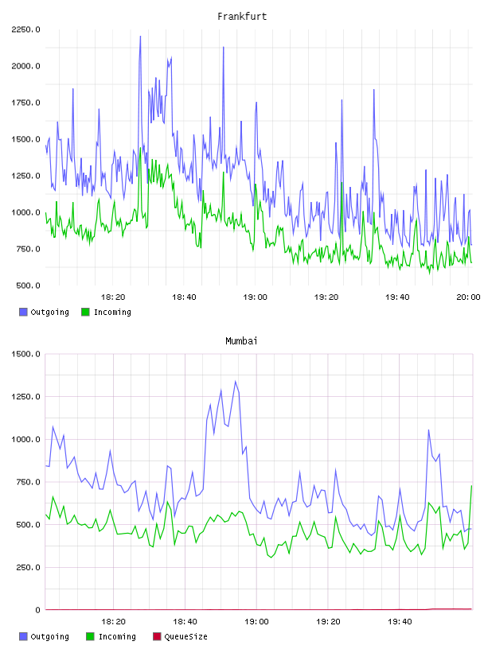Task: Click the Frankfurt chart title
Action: (x=242, y=17)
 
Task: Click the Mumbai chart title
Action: (x=241, y=341)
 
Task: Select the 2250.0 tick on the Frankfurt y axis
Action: (x=25, y=29)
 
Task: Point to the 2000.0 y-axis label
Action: (x=25, y=66)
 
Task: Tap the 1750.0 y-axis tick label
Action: (x=25, y=103)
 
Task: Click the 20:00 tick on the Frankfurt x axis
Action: (x=468, y=297)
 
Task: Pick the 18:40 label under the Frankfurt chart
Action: (x=184, y=297)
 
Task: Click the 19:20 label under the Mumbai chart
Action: (x=328, y=622)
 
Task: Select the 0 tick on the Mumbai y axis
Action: (x=37, y=610)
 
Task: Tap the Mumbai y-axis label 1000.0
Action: (x=25, y=440)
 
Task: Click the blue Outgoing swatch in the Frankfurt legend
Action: (x=23, y=312)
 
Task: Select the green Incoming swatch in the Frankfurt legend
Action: (x=85, y=312)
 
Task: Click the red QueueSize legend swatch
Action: (x=157, y=636)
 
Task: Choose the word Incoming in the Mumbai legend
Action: (x=117, y=637)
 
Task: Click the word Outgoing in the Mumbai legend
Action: (x=49, y=637)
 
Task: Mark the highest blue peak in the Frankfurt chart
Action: (x=140, y=37)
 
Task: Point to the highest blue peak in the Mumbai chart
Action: (x=236, y=381)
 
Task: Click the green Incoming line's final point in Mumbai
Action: (x=471, y=486)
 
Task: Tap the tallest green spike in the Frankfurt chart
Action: (x=140, y=148)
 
